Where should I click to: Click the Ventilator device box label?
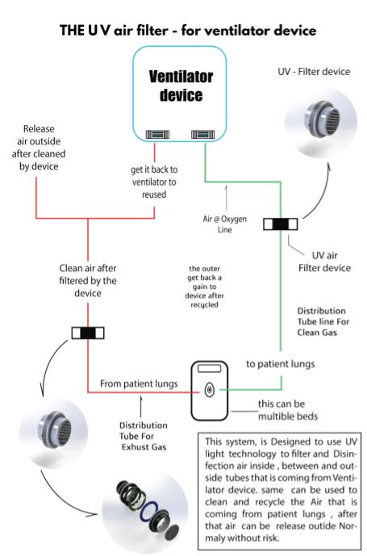point(181,86)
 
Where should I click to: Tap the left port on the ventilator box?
point(157,135)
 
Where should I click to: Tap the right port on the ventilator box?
point(202,135)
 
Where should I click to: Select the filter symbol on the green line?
point(281,224)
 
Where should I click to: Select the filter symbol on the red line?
point(88,332)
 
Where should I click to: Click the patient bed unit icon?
point(210,391)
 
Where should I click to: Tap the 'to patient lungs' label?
point(281,364)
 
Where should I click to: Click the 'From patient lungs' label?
point(139,383)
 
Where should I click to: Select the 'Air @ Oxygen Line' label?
point(225,224)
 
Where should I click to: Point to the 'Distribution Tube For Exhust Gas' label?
point(144,436)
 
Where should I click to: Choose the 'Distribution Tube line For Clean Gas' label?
point(323,322)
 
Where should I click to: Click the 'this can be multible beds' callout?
point(288,410)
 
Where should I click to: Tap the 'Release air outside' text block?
point(39,148)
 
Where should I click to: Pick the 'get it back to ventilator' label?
point(154,182)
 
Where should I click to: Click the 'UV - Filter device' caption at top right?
point(314,72)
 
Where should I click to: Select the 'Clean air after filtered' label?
point(88,281)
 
